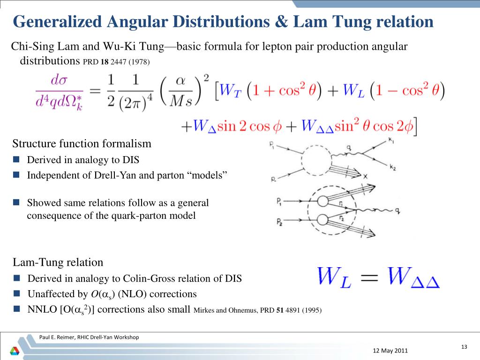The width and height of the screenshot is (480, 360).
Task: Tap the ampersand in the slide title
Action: coord(284,22)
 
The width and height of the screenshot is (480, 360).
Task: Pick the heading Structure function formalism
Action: coord(82,143)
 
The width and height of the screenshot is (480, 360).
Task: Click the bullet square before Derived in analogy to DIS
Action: coord(16,159)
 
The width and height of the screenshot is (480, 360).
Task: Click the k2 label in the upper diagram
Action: coord(392,166)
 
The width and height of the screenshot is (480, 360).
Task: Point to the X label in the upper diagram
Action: coord(365,177)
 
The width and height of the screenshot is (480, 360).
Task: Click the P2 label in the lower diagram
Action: coord(279,221)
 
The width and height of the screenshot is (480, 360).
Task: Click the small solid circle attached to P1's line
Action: coord(322,201)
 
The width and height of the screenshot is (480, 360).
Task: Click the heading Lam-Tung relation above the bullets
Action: coord(58,262)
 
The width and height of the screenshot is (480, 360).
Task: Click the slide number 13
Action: coord(464,346)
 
